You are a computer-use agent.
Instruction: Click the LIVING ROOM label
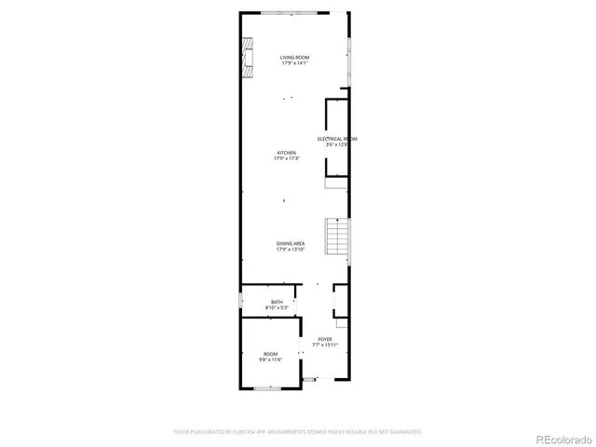(295, 58)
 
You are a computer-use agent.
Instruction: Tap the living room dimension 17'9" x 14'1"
(295, 63)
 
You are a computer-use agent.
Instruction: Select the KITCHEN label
(286, 153)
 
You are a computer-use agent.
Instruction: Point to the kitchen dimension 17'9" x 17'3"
(286, 158)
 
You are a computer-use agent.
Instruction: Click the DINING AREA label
(290, 244)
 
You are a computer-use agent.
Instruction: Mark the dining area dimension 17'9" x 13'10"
(290, 250)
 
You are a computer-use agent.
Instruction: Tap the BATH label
(277, 302)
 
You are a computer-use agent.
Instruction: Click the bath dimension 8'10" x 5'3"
(277, 307)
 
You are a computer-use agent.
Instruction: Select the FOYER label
(324, 339)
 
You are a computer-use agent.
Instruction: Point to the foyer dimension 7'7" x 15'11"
(324, 345)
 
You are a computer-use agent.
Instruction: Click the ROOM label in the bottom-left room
(270, 354)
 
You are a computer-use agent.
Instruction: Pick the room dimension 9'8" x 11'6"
(270, 359)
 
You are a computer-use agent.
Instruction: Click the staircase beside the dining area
(335, 237)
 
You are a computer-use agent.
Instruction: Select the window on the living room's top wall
(294, 13)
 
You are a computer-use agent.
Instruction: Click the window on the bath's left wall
(241, 302)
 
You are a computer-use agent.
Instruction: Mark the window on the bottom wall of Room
(268, 387)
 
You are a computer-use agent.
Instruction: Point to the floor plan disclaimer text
(297, 432)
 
